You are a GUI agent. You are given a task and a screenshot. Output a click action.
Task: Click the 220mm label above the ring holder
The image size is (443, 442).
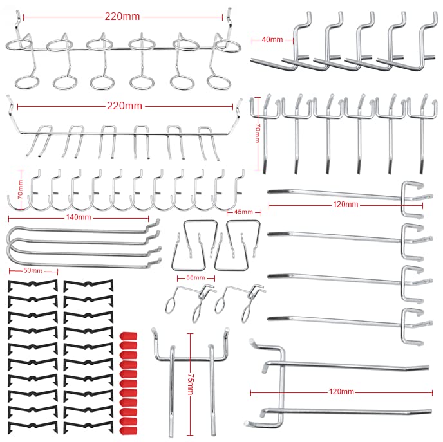click(122, 16)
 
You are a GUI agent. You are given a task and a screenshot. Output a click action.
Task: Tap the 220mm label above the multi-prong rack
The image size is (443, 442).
click(124, 106)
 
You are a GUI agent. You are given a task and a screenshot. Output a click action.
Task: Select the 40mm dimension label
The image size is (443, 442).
click(272, 40)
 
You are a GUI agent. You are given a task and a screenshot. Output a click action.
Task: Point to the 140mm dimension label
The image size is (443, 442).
click(79, 217)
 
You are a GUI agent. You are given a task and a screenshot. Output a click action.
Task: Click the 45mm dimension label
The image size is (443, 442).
click(243, 212)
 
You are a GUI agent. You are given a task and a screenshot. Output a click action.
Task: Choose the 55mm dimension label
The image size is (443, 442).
click(196, 277)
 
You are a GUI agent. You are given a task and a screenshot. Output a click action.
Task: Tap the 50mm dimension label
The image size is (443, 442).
click(33, 270)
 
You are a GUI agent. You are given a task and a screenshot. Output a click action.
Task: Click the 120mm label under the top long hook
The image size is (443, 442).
click(345, 205)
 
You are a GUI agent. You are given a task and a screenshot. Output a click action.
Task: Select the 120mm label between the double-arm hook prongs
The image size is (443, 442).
click(341, 391)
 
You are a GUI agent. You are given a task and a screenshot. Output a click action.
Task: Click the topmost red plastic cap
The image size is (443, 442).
click(129, 336)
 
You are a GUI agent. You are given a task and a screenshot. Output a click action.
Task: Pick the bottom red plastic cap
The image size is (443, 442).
click(129, 430)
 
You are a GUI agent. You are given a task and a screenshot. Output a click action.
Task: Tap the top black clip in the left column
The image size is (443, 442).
click(33, 285)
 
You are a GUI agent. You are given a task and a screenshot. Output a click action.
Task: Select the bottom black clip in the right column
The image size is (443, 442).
click(88, 427)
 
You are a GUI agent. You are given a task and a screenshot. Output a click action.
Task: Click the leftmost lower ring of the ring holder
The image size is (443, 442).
click(27, 82)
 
